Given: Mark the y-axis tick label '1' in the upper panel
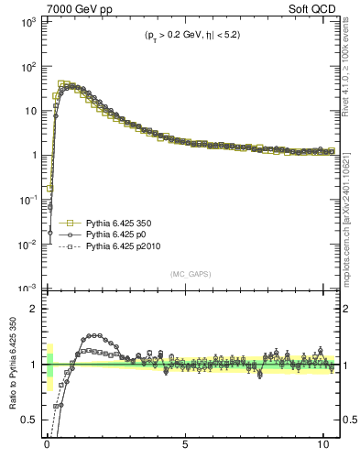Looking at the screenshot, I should (x=31, y=156).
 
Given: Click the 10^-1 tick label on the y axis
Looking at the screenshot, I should (x=24, y=200).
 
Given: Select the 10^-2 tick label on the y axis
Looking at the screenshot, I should (x=24, y=244).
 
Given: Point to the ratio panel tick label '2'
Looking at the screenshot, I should (x=31, y=309).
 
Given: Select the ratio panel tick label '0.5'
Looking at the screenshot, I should (x=27, y=420).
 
